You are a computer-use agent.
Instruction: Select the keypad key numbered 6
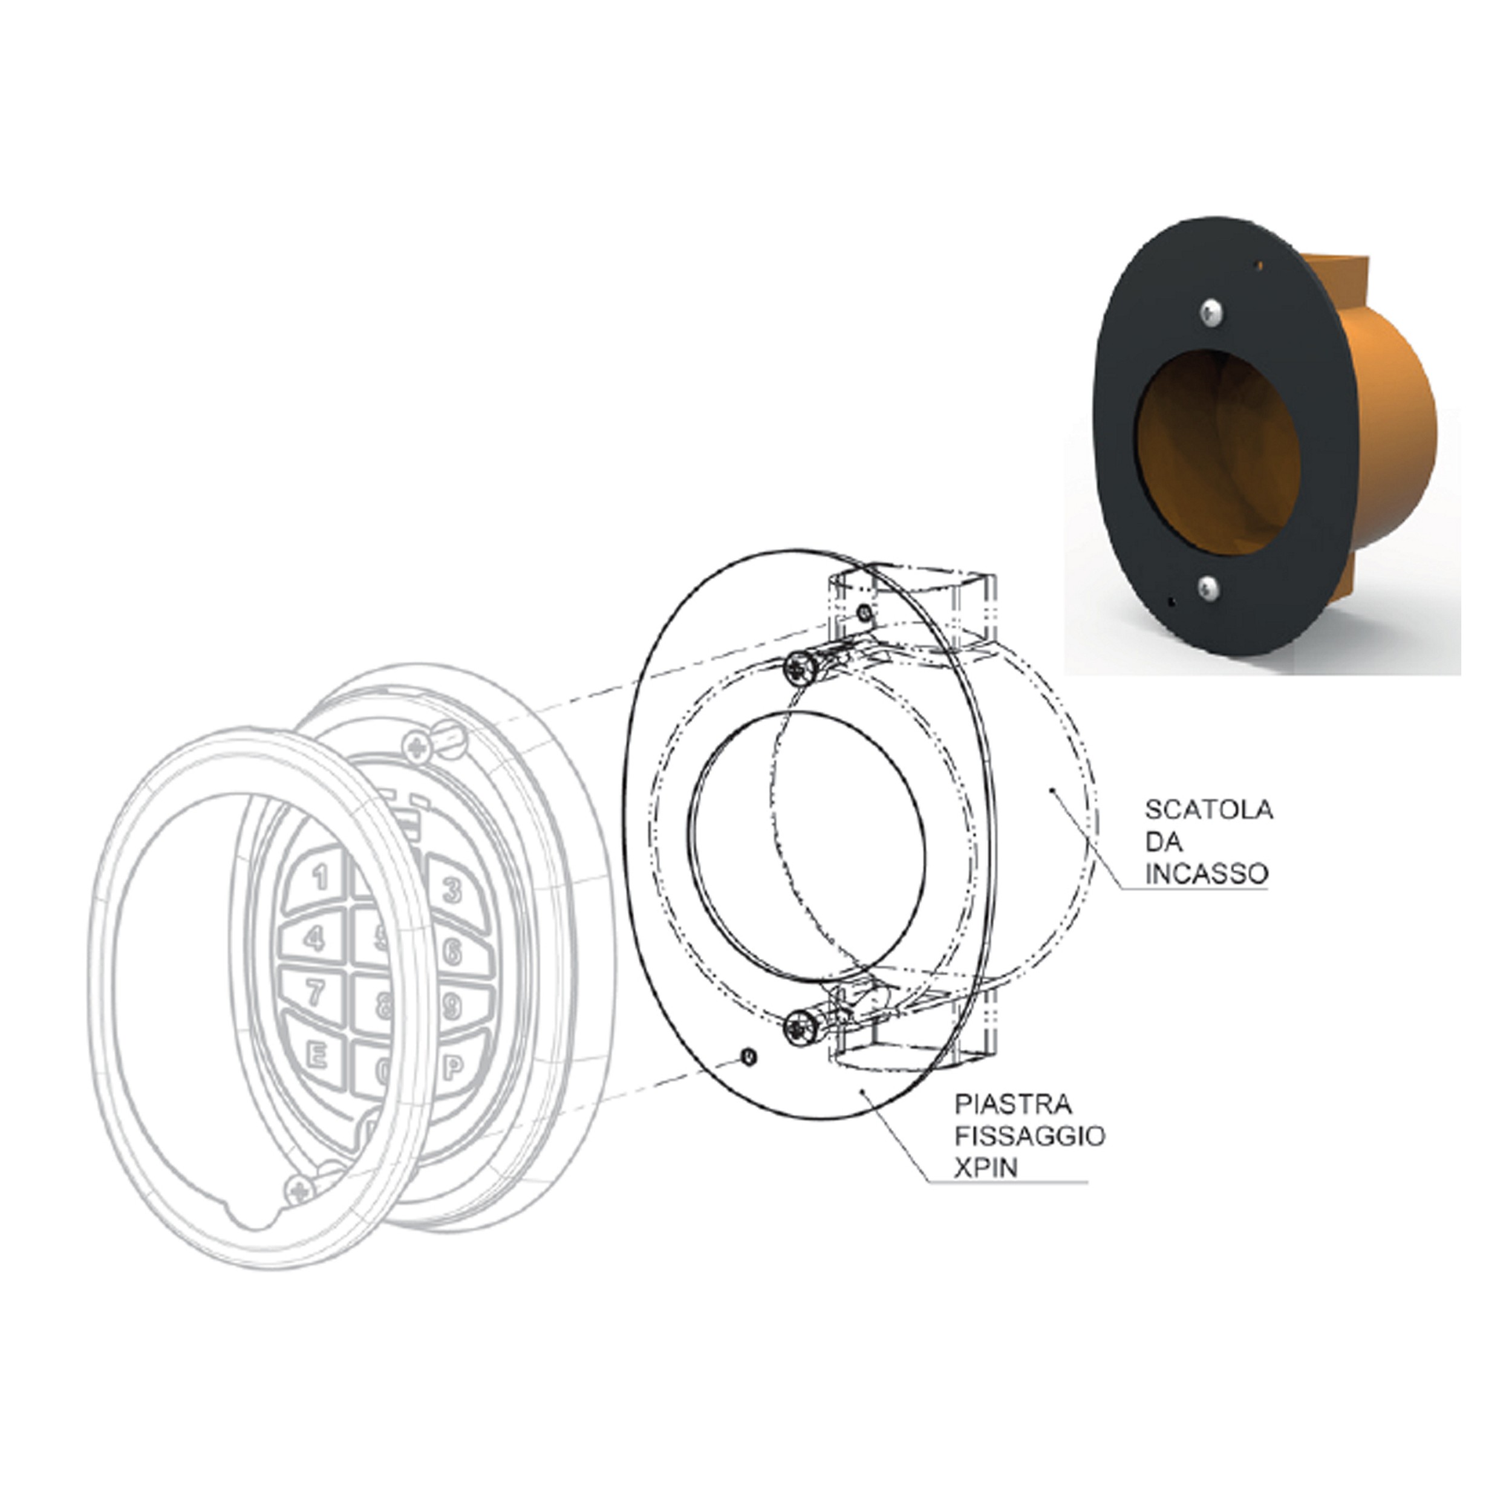pos(454,953)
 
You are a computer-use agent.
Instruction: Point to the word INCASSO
pos(1206,874)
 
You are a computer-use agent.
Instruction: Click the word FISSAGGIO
pos(1029,1136)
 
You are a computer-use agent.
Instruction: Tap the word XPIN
pos(985,1168)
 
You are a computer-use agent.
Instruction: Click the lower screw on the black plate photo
pos(1208,587)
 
